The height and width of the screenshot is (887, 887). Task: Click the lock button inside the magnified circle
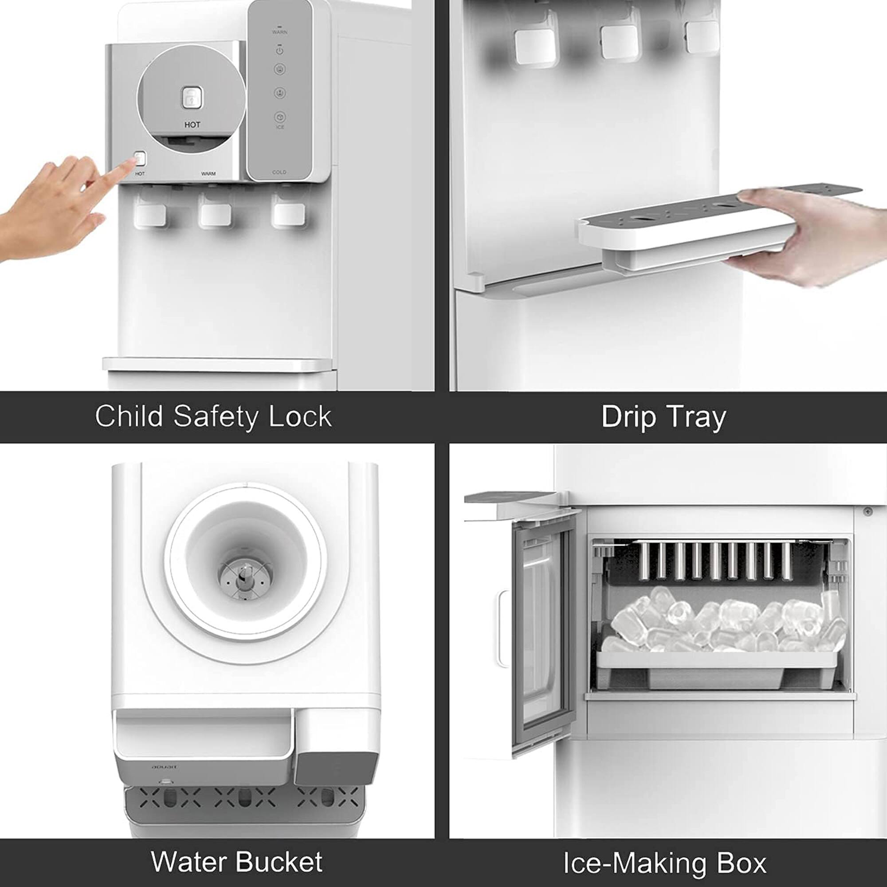coord(192,98)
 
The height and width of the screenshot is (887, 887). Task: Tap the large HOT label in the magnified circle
coord(192,125)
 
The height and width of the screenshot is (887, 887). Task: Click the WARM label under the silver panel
coord(208,174)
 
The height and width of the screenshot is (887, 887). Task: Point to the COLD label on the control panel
coord(279,172)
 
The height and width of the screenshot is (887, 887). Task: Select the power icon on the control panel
coord(279,50)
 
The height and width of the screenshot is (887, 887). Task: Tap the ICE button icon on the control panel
coord(280,118)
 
